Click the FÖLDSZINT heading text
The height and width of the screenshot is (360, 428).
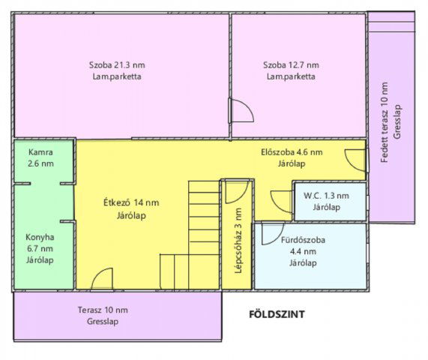pyautogui.click(x=277, y=314)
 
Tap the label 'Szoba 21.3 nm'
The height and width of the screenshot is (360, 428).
pyautogui.click(x=117, y=65)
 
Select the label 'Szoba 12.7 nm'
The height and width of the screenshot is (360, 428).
pyautogui.click(x=291, y=65)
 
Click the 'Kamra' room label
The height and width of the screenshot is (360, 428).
pyautogui.click(x=40, y=152)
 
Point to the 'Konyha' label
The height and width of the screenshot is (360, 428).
pyautogui.click(x=40, y=237)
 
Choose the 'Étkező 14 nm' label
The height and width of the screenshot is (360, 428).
pyautogui.click(x=131, y=202)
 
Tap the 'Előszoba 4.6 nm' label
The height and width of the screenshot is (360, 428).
pyautogui.click(x=292, y=152)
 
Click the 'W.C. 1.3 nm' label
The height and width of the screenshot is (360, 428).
pyautogui.click(x=327, y=196)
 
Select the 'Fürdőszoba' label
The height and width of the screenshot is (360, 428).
pyautogui.click(x=303, y=240)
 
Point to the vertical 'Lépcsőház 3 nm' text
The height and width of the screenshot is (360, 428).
pyautogui.click(x=238, y=241)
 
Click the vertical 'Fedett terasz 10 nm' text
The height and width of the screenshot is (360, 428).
pyautogui.click(x=385, y=122)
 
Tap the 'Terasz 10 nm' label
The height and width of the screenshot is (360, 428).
pyautogui.click(x=103, y=310)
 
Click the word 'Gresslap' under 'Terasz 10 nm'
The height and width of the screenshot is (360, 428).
pyautogui.click(x=103, y=322)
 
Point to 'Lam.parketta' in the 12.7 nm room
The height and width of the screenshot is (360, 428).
pyautogui.click(x=291, y=76)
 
